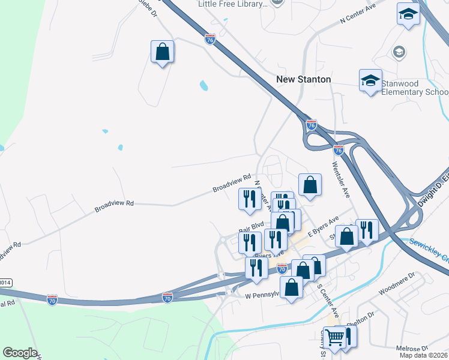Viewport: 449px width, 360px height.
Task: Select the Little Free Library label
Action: [x=233, y=4]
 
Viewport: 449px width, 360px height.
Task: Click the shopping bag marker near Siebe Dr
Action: [x=163, y=52]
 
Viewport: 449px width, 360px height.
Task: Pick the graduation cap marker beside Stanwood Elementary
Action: [x=370, y=80]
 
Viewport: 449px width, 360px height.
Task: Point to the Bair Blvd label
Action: [x=251, y=228]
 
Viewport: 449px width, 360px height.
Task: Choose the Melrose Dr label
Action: [x=412, y=349]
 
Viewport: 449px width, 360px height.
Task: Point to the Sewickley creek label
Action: [x=429, y=248]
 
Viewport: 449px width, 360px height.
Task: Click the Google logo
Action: [x=20, y=353]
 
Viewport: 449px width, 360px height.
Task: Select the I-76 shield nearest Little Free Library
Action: [x=209, y=39]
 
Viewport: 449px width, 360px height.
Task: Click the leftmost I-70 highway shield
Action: [x=52, y=298]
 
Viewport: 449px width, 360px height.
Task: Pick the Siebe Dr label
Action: [x=148, y=7]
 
